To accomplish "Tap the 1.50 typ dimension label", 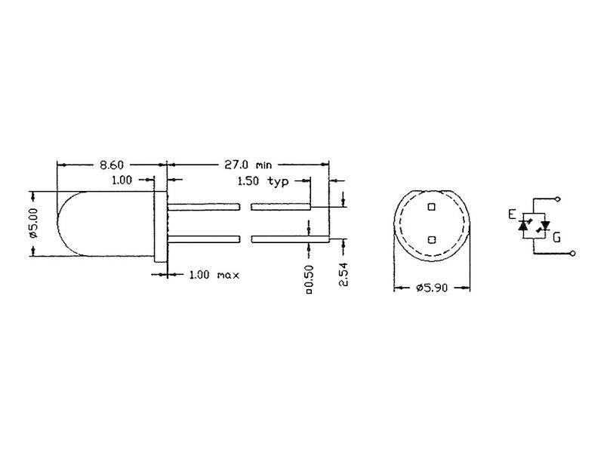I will [x=264, y=181].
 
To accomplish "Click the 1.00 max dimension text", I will [x=214, y=275].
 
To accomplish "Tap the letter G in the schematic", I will [x=556, y=236].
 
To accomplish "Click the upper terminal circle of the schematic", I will [x=558, y=199].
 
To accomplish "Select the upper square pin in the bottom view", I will [x=431, y=206].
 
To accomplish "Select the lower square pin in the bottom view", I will [x=431, y=239].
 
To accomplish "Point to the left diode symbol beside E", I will [x=524, y=225].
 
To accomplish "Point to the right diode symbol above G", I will [x=545, y=225].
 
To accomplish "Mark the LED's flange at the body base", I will [x=159, y=223].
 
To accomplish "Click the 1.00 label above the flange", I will [x=122, y=180].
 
